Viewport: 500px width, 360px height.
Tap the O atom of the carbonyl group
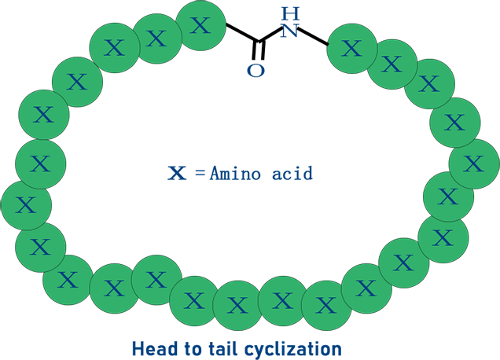click(256, 70)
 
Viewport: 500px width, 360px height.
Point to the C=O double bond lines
click(259, 53)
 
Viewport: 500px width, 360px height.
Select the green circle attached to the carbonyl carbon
click(201, 25)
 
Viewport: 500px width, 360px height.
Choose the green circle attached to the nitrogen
click(352, 49)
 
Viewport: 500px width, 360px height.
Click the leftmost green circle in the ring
click(26, 205)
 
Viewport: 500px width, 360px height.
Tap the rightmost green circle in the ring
click(473, 163)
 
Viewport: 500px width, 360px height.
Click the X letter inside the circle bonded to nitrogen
click(352, 49)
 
